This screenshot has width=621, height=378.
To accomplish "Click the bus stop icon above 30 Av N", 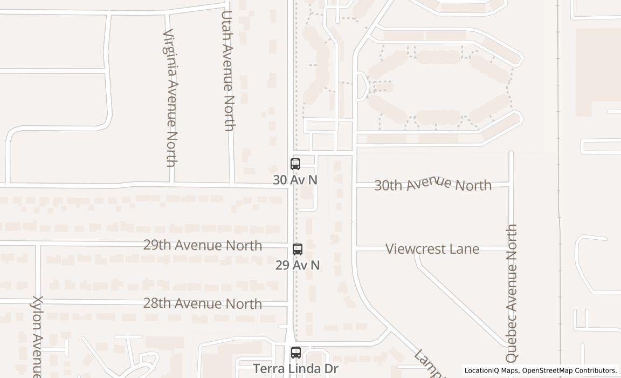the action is click(295, 164).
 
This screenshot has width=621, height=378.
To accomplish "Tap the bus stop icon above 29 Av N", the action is click(297, 249).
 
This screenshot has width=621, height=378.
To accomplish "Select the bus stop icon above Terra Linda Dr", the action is click(295, 353).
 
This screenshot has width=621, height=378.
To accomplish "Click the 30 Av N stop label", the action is click(295, 180).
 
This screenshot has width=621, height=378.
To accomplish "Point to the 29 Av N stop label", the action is click(298, 265).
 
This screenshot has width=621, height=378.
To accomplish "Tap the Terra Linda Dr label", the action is click(295, 369).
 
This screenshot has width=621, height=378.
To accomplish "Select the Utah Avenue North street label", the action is click(229, 71).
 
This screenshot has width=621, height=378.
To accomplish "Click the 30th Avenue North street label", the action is click(433, 184).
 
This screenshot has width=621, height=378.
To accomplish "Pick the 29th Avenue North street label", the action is click(203, 245).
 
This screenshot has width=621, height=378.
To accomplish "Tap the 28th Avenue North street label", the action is click(203, 303).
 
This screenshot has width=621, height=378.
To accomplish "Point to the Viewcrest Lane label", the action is click(432, 249).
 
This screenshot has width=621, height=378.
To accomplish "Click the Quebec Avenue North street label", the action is click(512, 293).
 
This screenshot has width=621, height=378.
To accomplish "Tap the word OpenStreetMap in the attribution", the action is click(550, 370).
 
